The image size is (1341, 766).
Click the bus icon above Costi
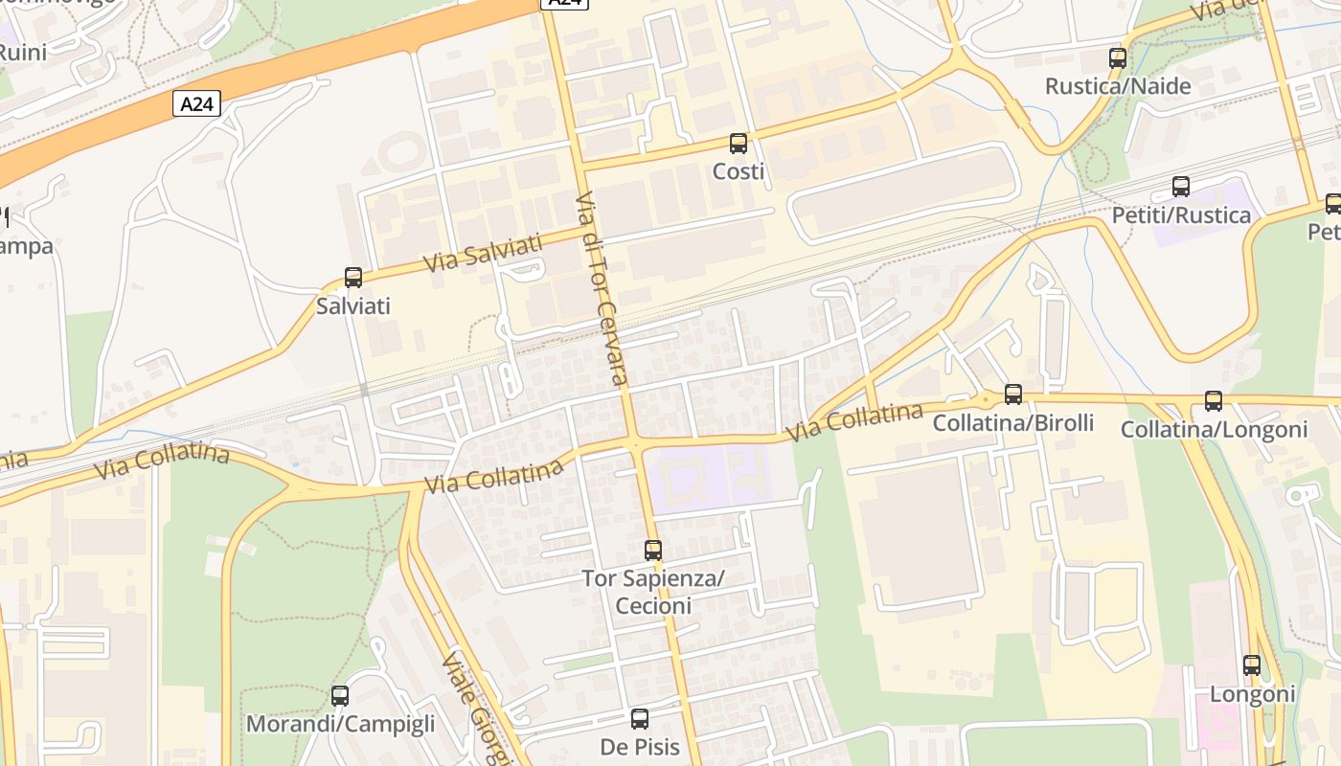[738, 144]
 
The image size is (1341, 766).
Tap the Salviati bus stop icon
[353, 278]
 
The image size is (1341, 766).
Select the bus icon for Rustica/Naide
[1117, 57]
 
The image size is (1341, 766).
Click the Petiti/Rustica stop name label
[1181, 215]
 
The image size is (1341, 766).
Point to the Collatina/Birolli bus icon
[1012, 394]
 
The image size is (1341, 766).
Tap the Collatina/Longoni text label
[1214, 430]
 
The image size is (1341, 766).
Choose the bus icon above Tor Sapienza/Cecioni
[653, 551]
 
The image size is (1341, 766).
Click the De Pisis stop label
[640, 747]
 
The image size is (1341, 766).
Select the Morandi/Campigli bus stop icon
[340, 696]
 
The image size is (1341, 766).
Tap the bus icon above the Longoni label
[1252, 665]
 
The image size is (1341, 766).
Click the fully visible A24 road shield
[196, 103]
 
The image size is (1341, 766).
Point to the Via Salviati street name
[483, 252]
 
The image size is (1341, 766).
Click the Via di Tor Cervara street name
[602, 287]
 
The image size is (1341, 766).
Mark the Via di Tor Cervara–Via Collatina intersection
[635, 443]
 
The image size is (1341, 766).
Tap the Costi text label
[739, 171]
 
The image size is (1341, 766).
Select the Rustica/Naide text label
[1118, 86]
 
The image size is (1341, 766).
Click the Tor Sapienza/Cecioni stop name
[653, 592]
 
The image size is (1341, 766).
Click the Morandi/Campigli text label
[340, 724]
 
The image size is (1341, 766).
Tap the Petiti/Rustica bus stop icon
[1181, 187]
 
